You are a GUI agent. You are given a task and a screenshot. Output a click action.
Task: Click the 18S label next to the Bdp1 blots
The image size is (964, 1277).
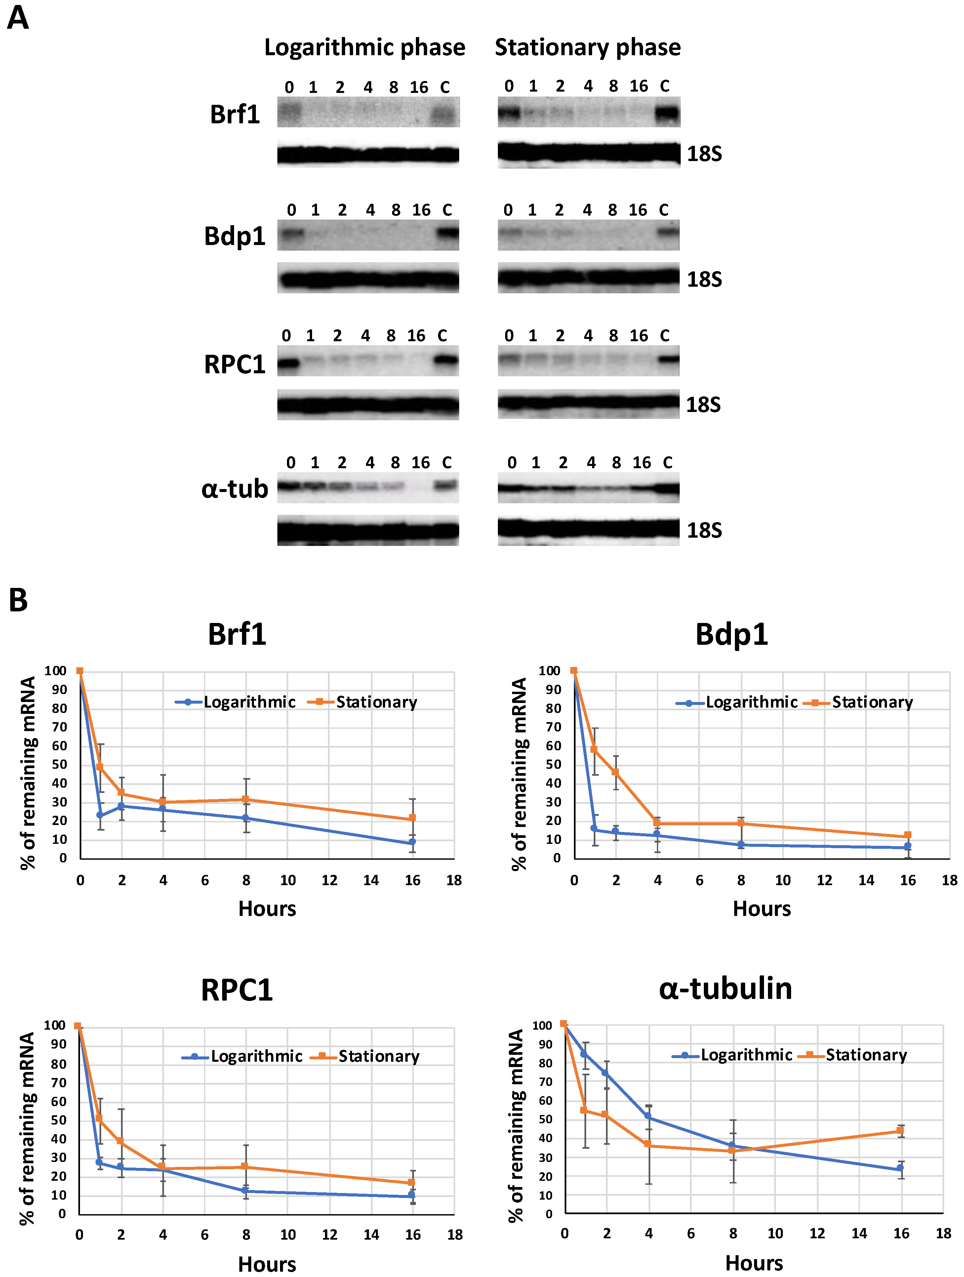pyautogui.click(x=704, y=279)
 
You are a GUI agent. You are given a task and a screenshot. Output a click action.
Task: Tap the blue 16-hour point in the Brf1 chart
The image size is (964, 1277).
pyautogui.click(x=412, y=842)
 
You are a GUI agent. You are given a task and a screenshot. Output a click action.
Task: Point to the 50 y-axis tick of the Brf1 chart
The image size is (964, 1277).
pyautogui.click(x=60, y=764)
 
